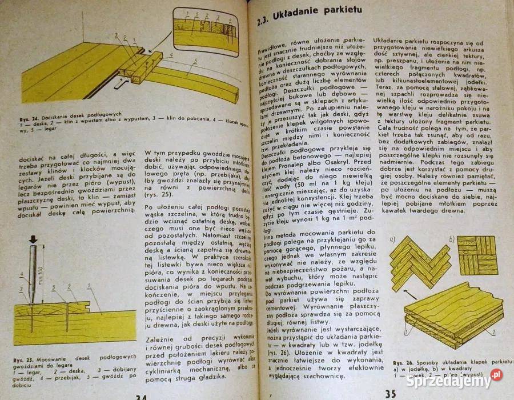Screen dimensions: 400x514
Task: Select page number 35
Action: click(391, 393)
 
